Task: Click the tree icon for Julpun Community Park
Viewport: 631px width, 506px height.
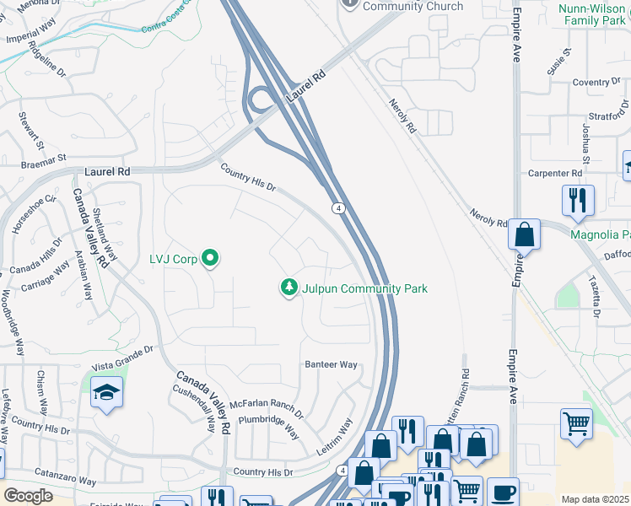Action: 289,288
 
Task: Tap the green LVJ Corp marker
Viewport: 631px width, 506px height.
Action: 211,259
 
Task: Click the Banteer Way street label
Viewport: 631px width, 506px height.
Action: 331,364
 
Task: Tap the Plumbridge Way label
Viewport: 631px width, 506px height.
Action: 268,426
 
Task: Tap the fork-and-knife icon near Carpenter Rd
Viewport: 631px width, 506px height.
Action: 578,200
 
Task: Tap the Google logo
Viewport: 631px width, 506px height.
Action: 28,496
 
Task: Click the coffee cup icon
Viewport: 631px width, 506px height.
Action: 504,492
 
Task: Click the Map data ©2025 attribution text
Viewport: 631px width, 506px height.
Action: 595,499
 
